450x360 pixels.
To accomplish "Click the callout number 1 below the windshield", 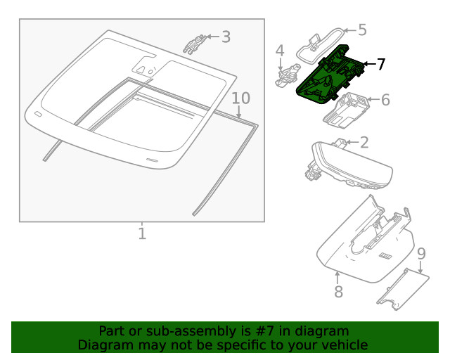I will pyautogui.click(x=142, y=233).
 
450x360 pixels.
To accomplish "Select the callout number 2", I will pyautogui.click(x=364, y=143).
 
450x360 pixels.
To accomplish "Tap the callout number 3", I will pyautogui.click(x=226, y=37).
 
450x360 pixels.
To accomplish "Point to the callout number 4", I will pyautogui.click(x=280, y=51).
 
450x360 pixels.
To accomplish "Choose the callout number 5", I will pyautogui.click(x=362, y=30).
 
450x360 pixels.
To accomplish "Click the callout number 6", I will pyautogui.click(x=385, y=100).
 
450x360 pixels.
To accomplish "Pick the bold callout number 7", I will pyautogui.click(x=380, y=64).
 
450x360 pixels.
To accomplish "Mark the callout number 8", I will pyautogui.click(x=338, y=291).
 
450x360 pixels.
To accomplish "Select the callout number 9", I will pyautogui.click(x=420, y=253).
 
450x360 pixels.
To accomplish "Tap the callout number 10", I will pyautogui.click(x=240, y=98).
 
